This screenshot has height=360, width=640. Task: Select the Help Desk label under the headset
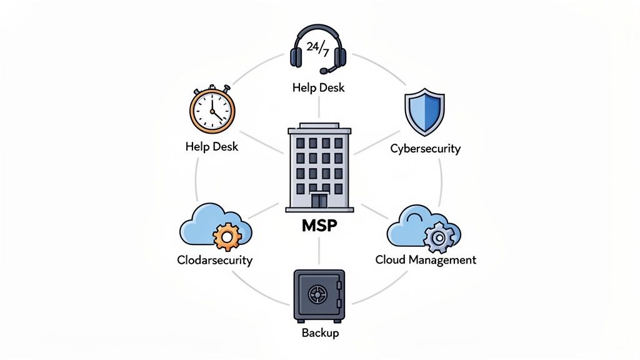click(x=318, y=87)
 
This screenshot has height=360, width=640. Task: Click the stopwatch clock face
click(x=212, y=111)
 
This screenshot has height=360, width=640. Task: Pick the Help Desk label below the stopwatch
click(x=212, y=147)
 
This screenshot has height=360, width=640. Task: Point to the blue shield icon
click(x=425, y=112)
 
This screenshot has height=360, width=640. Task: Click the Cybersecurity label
click(x=425, y=148)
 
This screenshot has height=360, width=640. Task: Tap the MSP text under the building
click(x=319, y=226)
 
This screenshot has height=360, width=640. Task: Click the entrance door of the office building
click(x=319, y=201)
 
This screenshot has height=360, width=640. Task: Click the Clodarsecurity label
click(x=214, y=259)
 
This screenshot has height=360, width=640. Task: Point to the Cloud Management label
click(x=425, y=259)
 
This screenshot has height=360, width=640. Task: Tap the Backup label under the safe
click(x=319, y=332)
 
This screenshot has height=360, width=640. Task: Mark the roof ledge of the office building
click(x=319, y=131)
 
